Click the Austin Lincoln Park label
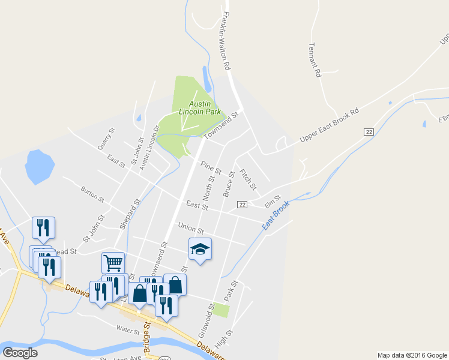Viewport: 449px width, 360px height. [x=195, y=107]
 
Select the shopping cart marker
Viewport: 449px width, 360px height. [x=113, y=262]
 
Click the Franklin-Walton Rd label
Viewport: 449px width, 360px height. [x=226, y=38]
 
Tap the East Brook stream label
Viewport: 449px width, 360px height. [x=276, y=214]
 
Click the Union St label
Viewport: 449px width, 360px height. [x=191, y=229]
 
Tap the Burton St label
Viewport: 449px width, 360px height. [x=92, y=193]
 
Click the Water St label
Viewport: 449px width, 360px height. [x=128, y=330]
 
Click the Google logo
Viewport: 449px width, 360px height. [x=20, y=352]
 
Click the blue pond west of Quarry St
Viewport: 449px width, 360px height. [x=40, y=166]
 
